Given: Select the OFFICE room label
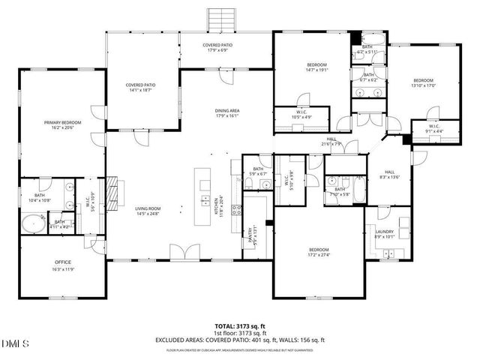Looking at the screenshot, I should click(62, 262).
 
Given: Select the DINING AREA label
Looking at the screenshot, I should click(226, 110).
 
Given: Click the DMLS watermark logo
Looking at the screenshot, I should click(14, 343).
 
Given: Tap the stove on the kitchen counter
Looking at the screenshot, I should click(235, 210).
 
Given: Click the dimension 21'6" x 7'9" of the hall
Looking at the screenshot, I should click(331, 144).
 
